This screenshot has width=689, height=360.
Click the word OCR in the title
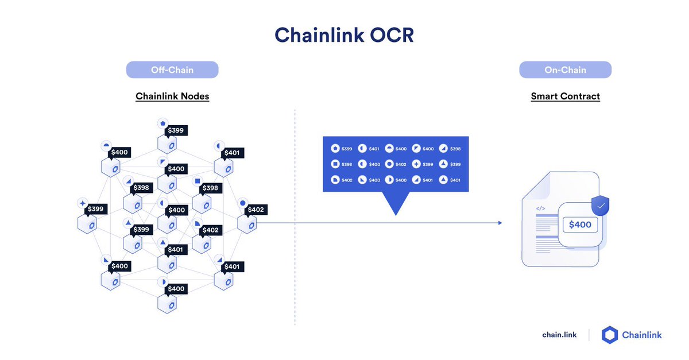click(392, 35)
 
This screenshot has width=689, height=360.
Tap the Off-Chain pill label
click(172, 70)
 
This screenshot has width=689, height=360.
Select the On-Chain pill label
click(566, 70)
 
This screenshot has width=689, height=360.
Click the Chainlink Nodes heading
click(172, 96)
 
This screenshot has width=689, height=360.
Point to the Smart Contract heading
click(566, 96)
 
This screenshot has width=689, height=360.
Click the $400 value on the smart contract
click(580, 224)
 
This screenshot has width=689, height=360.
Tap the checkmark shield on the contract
click(601, 206)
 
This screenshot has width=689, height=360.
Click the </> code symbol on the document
click(540, 208)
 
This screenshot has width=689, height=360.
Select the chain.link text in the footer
click(559, 335)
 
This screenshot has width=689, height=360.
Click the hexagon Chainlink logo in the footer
click(610, 335)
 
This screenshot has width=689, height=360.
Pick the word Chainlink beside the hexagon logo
click(642, 335)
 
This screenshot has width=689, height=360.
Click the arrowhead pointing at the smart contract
click(500, 223)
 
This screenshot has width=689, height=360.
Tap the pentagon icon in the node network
click(162, 123)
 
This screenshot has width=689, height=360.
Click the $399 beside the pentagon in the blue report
click(347, 149)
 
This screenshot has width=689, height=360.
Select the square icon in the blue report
click(335, 164)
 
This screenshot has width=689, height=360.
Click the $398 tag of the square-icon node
click(210, 188)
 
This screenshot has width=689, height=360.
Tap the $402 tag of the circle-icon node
click(256, 210)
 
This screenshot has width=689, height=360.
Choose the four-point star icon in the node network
click(83, 203)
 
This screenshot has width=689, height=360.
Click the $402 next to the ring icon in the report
click(401, 165)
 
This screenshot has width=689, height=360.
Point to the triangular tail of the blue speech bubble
click(396, 202)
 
